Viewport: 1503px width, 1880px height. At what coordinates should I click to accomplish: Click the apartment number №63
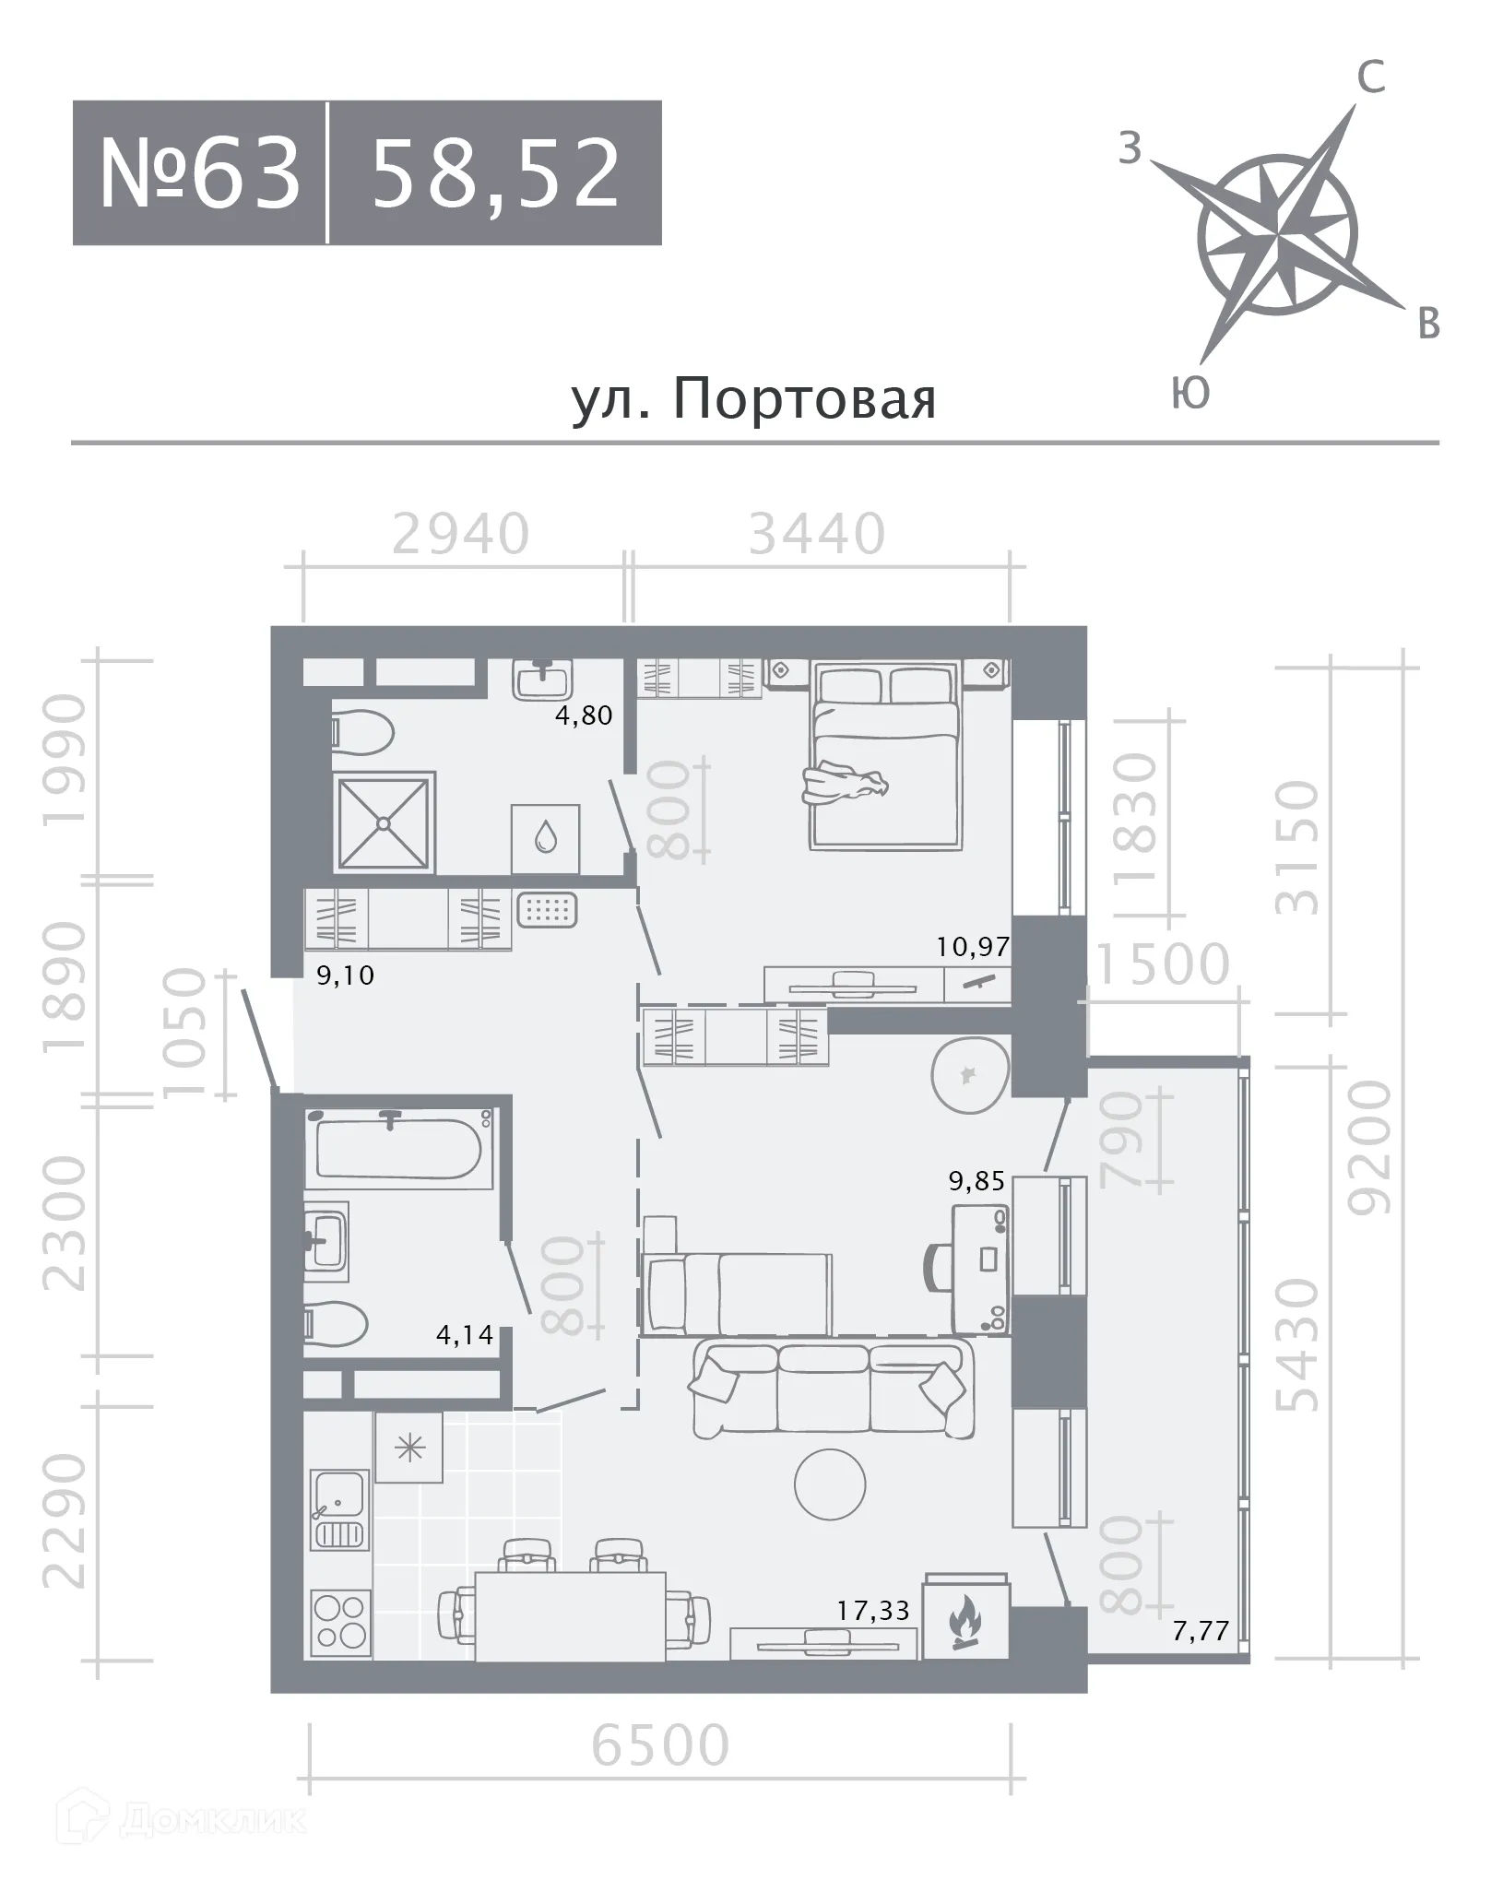click(200, 173)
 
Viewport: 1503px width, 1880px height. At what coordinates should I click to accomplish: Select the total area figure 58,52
click(495, 173)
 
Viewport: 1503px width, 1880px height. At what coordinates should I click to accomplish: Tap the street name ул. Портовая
click(753, 400)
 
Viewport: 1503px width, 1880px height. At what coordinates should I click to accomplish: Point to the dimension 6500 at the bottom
click(660, 1744)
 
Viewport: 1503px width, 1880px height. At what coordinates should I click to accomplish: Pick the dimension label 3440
click(817, 534)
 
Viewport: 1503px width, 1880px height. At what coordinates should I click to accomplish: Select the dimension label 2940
click(461, 534)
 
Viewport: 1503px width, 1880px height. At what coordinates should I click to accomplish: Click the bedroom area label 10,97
click(973, 946)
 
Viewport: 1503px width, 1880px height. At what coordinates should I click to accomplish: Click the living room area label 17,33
click(873, 1611)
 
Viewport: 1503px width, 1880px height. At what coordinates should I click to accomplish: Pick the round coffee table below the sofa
click(830, 1484)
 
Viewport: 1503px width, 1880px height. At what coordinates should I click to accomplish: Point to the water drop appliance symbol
click(546, 838)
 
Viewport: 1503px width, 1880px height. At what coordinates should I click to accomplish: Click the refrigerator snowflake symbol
click(408, 1448)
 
